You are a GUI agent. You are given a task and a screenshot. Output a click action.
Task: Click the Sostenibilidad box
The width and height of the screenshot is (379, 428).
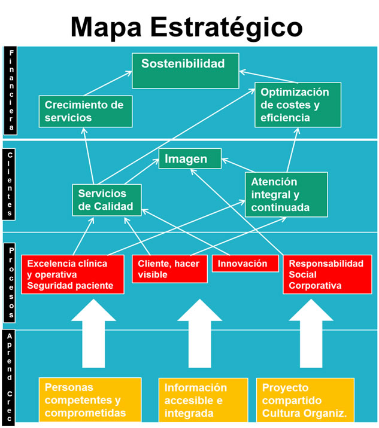(x=186, y=71)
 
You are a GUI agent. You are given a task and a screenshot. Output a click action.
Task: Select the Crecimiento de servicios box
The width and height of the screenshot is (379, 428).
(x=86, y=111)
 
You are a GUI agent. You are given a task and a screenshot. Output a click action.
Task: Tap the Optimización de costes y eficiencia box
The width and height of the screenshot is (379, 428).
(x=298, y=105)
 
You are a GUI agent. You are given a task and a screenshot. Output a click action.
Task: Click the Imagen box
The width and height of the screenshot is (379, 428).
(x=190, y=158)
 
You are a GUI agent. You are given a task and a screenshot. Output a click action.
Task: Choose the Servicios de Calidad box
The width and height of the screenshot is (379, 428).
(x=107, y=200)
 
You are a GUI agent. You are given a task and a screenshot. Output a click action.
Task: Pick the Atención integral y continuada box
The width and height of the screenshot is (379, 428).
(x=286, y=195)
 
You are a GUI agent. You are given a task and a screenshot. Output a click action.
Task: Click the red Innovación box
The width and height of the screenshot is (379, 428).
(x=245, y=264)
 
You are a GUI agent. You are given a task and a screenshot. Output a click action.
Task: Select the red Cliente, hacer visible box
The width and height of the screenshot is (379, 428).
(x=169, y=269)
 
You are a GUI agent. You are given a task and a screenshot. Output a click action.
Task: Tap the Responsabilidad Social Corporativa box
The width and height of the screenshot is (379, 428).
(x=328, y=274)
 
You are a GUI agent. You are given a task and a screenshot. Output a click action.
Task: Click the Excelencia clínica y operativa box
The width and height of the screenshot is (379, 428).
(x=72, y=274)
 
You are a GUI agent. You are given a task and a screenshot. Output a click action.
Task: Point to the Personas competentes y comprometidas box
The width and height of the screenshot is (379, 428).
(x=90, y=400)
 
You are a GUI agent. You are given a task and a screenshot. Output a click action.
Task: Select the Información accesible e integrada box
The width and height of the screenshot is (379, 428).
(x=203, y=400)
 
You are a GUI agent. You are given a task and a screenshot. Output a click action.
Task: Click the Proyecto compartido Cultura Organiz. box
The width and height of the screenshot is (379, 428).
(x=305, y=400)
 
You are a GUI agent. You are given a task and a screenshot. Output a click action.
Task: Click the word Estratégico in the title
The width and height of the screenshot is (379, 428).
(x=226, y=27)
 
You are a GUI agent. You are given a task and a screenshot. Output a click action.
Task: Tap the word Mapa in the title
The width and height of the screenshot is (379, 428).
(x=106, y=28)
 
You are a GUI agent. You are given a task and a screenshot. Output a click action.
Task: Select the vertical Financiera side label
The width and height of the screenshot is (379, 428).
(x=10, y=90)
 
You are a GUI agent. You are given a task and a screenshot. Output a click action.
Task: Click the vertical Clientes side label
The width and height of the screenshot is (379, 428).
(x=9, y=184)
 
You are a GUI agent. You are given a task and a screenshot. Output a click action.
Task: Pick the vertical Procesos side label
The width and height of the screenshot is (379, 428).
(x=10, y=283)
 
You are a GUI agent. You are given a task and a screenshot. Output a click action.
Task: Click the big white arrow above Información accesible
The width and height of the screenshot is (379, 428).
(x=199, y=334)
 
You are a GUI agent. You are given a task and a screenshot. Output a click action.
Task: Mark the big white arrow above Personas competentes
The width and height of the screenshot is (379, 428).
(x=93, y=334)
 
